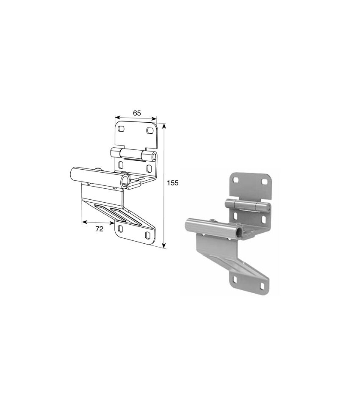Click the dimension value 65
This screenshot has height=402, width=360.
(137, 113)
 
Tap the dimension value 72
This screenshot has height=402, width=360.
(99, 229)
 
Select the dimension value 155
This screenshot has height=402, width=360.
(172, 183)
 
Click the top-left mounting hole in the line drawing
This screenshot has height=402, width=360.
(122, 129)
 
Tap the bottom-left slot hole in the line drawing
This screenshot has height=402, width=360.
(120, 229)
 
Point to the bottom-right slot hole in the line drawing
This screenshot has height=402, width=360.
(147, 235)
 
